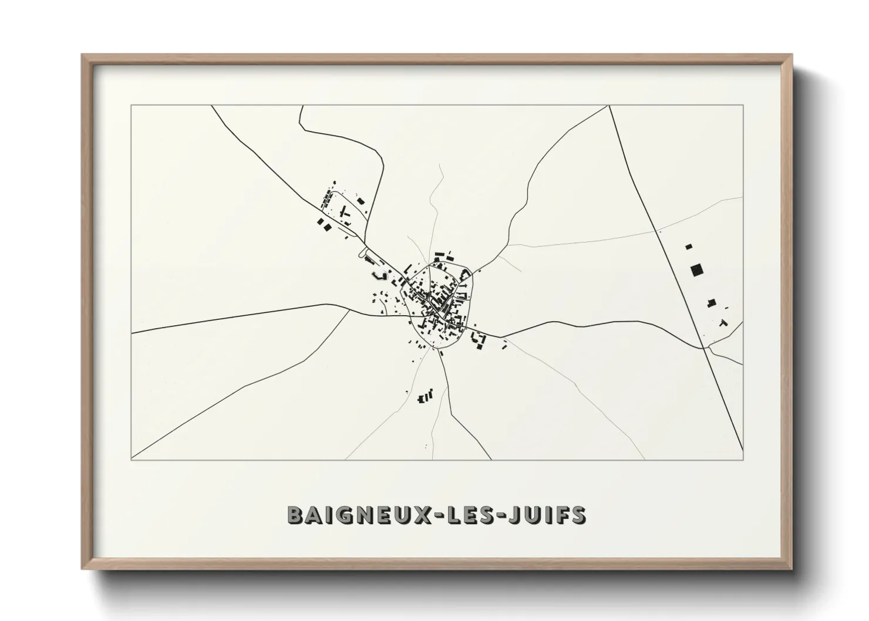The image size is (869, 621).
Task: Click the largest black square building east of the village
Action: pos(697,270)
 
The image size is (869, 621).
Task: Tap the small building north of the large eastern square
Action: pos(689,247)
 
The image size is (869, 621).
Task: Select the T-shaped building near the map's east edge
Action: pos(723,322)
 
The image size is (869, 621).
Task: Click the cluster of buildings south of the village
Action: pos(425,397)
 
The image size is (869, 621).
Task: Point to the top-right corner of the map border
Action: pos(743,106)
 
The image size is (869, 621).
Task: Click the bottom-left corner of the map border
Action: pos(131,460)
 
